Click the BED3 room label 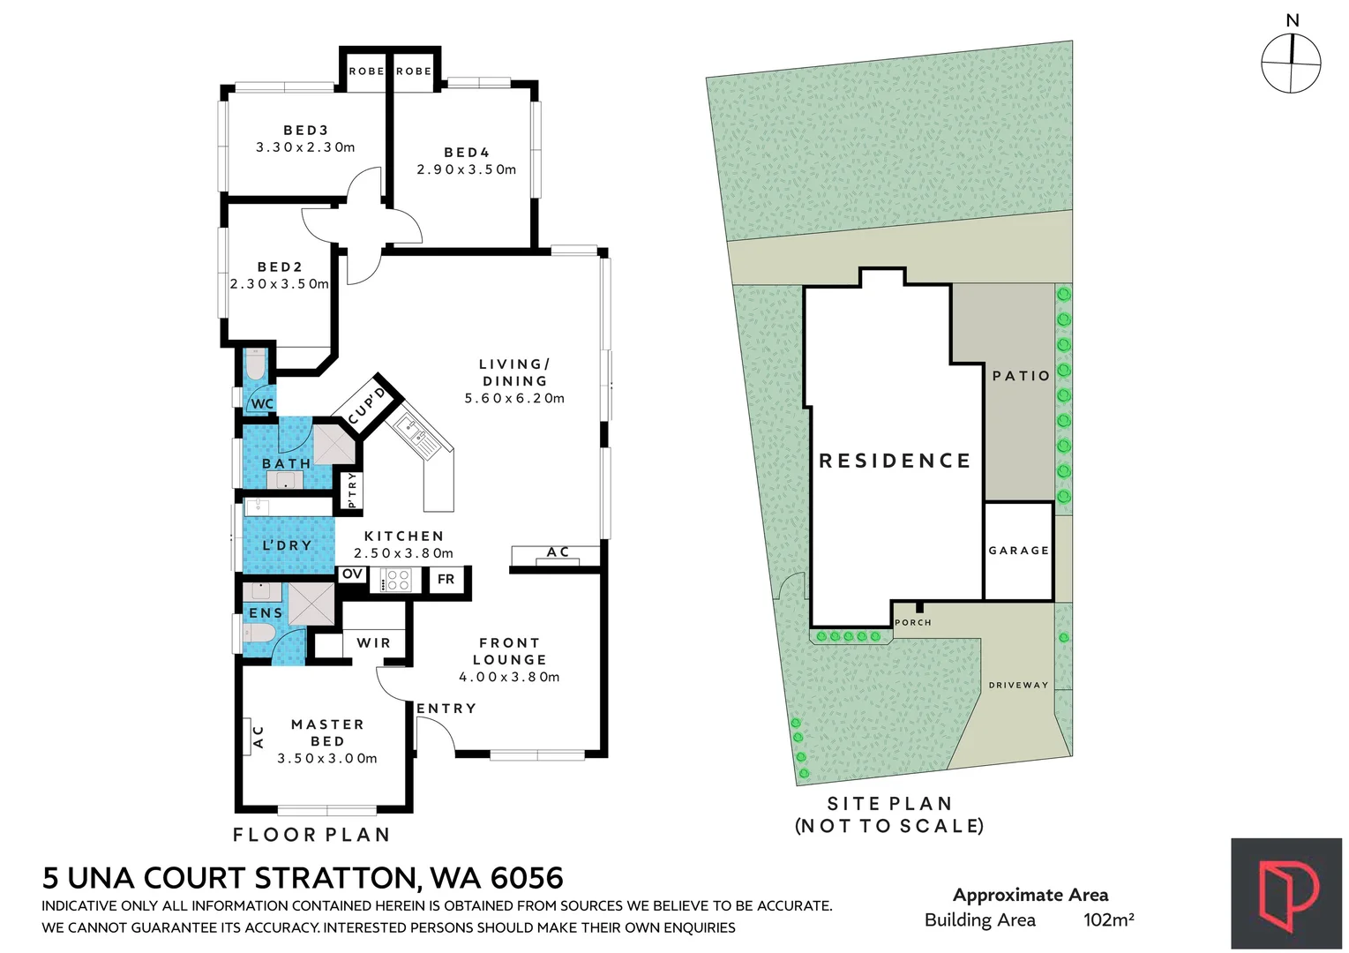pyautogui.click(x=305, y=131)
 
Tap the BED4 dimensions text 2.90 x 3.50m pyautogui.click(x=466, y=169)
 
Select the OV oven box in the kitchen pyautogui.click(x=352, y=574)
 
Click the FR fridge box pyautogui.click(x=446, y=580)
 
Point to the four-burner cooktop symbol pyautogui.click(x=397, y=580)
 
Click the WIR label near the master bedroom pyautogui.click(x=373, y=643)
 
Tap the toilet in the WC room pyautogui.click(x=255, y=365)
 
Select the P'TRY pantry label pyautogui.click(x=352, y=491)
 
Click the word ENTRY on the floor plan pyautogui.click(x=446, y=709)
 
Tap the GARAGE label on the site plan pyautogui.click(x=1018, y=551)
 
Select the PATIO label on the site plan pyautogui.click(x=1021, y=376)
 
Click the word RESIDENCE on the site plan pyautogui.click(x=895, y=461)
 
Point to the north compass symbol pyautogui.click(x=1291, y=63)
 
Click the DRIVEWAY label pyautogui.click(x=1018, y=685)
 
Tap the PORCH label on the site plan pyautogui.click(x=913, y=623)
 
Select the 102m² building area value pyautogui.click(x=1108, y=919)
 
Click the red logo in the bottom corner pyautogui.click(x=1286, y=894)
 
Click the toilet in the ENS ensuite pyautogui.click(x=259, y=633)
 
